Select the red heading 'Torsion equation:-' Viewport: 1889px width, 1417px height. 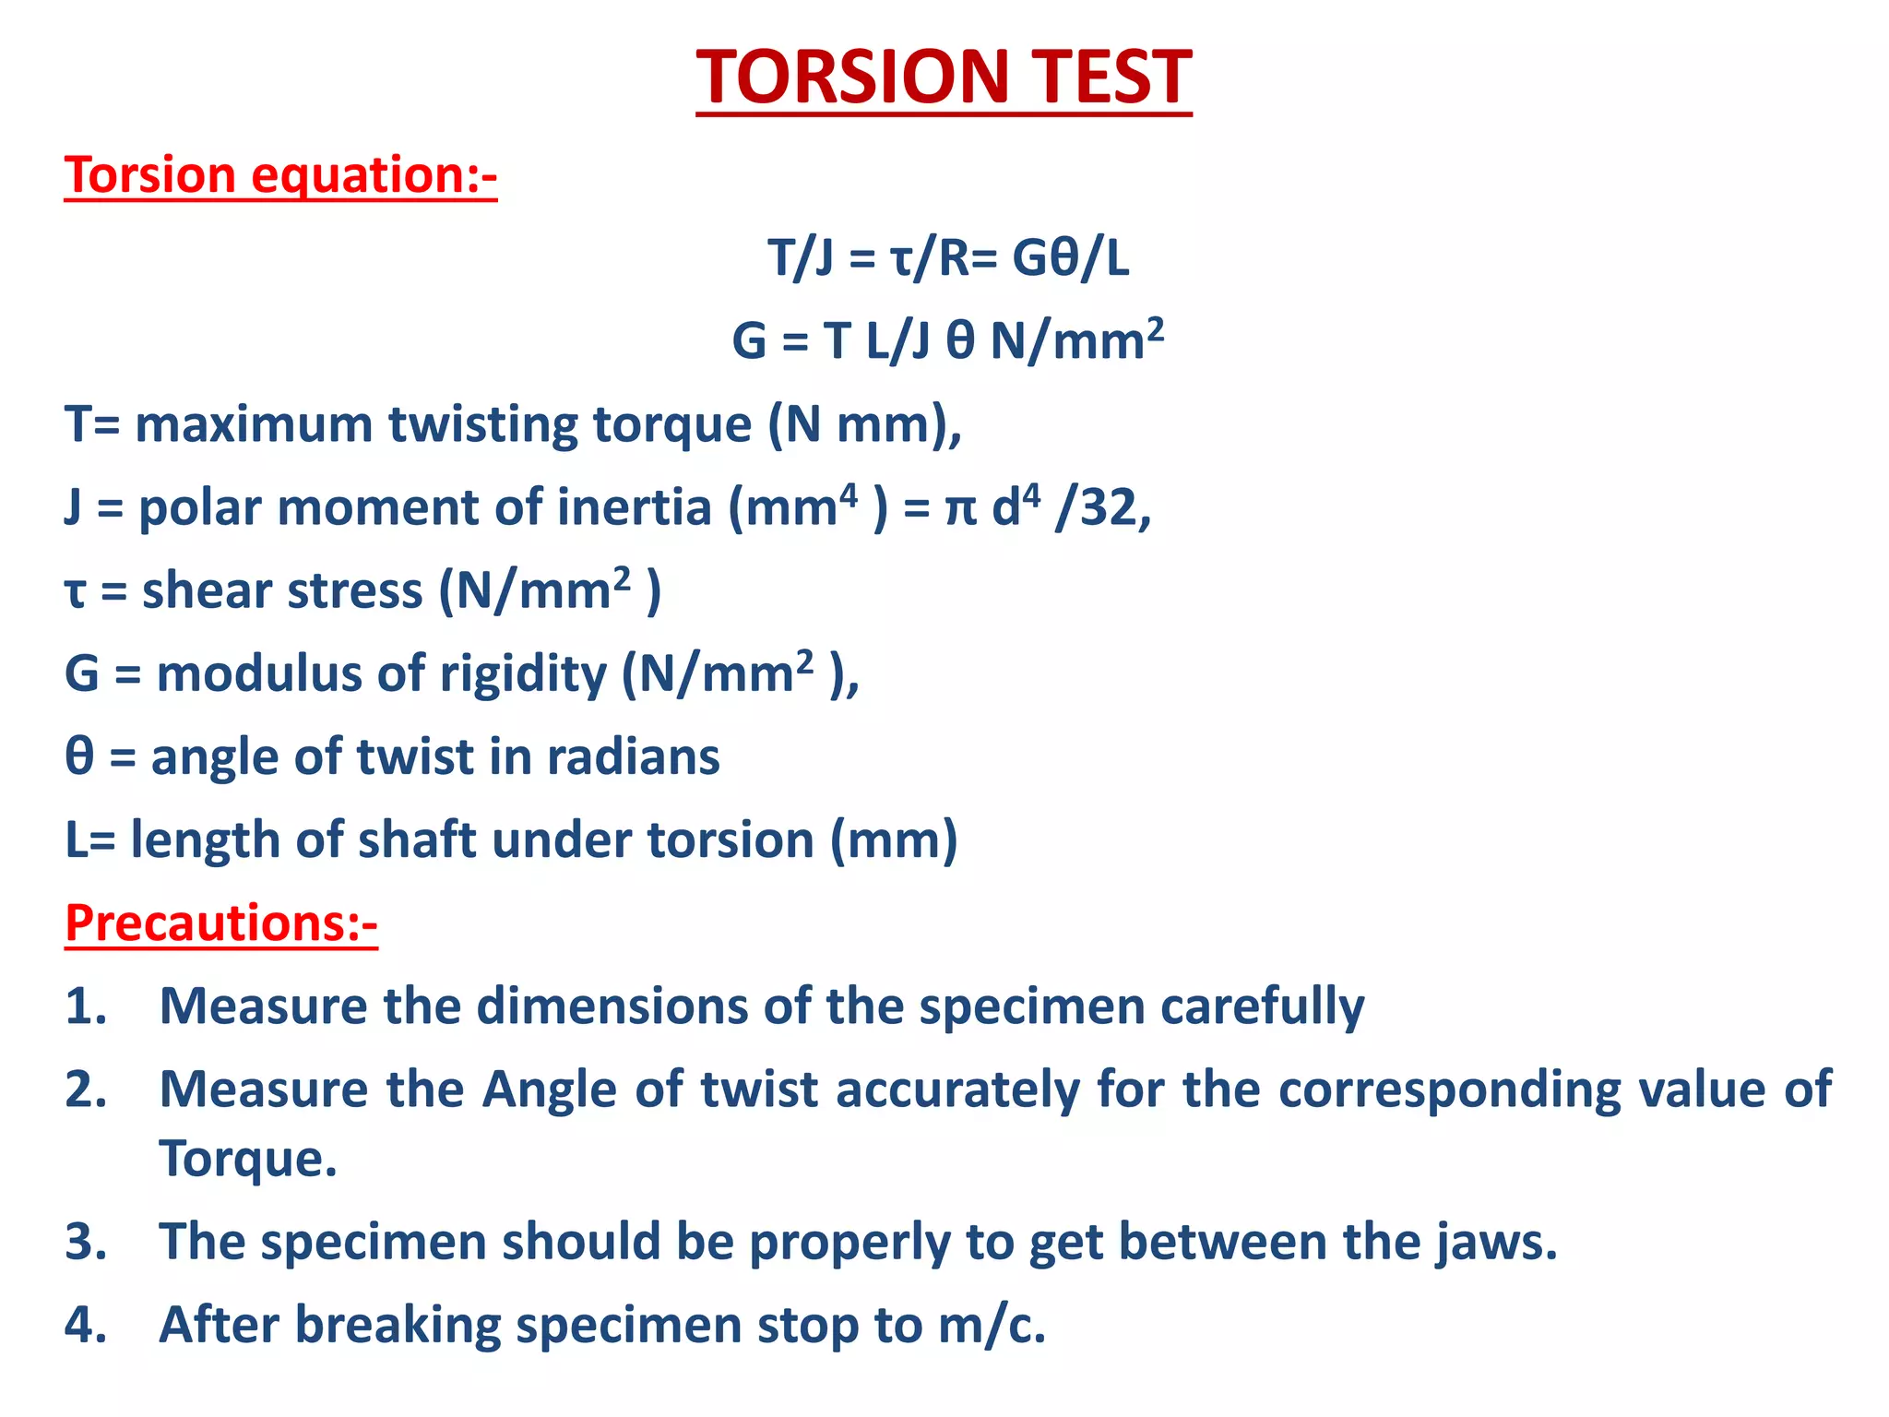point(280,175)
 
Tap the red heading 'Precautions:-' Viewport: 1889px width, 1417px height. point(221,923)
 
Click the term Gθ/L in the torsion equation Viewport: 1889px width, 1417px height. point(1070,258)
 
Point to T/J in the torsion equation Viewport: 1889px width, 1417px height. point(801,258)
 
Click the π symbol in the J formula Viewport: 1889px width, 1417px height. point(960,510)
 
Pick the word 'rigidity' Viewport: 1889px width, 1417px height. point(523,674)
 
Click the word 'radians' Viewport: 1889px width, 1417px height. point(633,756)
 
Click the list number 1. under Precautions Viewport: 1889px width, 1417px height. point(86,1006)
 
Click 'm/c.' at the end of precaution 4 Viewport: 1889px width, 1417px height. point(992,1325)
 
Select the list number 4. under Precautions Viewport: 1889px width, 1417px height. point(86,1325)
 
